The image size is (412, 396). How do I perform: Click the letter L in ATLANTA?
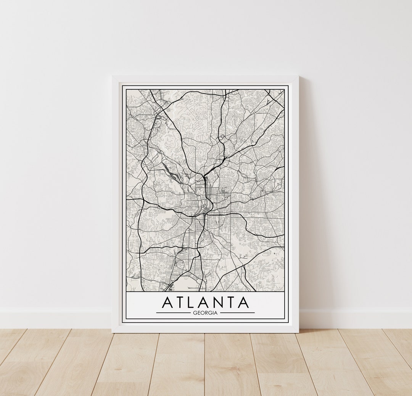192,302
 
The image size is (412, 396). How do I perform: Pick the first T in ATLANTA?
180,302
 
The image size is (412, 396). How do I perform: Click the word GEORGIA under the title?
205,313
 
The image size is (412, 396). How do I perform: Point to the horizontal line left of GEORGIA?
173,313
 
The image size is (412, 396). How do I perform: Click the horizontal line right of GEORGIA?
237,313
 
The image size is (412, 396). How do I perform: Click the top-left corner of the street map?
126,90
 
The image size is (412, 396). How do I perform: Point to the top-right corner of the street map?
284,90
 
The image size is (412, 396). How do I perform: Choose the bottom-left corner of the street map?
126,291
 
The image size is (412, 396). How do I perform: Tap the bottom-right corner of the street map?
284,291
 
